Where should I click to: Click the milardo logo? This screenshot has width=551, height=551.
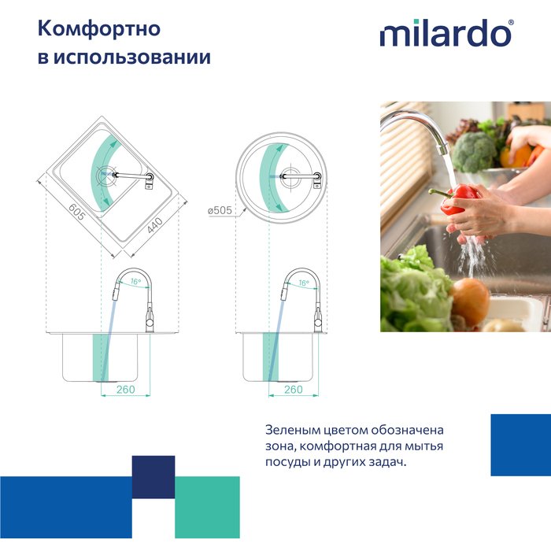click(x=446, y=34)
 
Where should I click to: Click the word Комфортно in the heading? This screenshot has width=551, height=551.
click(x=99, y=29)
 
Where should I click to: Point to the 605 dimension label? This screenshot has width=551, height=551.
click(x=76, y=212)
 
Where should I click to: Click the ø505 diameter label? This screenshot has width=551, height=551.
click(x=220, y=210)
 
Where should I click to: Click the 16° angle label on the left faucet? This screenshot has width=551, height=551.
click(x=135, y=281)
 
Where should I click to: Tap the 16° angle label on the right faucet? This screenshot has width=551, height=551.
click(x=303, y=281)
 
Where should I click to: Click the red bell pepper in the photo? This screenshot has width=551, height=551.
click(x=460, y=200)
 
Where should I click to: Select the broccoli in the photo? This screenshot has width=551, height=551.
click(x=474, y=152)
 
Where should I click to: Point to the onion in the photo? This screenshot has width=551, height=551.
click(x=470, y=301)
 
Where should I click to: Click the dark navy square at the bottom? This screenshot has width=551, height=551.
click(x=153, y=476)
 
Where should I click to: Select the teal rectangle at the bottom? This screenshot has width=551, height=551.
click(x=207, y=507)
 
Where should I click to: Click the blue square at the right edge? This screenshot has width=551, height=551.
click(x=520, y=445)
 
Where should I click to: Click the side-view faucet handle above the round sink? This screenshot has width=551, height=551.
click(x=317, y=319)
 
